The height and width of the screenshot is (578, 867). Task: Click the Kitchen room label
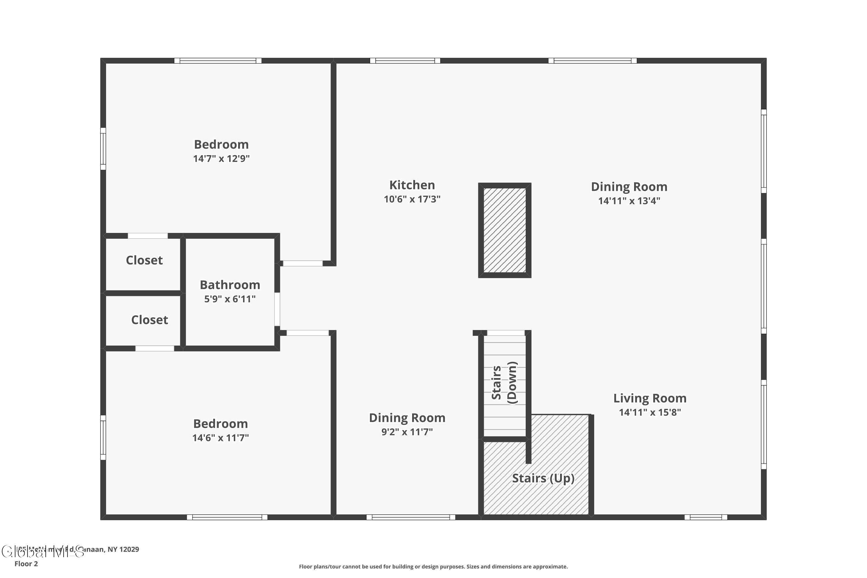pyautogui.click(x=412, y=185)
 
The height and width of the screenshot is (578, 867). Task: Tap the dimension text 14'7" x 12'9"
pyautogui.click(x=221, y=158)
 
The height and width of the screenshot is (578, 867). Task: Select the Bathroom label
pyautogui.click(x=230, y=285)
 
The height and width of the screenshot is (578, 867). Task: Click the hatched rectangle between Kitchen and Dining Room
pyautogui.click(x=504, y=230)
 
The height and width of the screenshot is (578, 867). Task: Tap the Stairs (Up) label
pyautogui.click(x=543, y=478)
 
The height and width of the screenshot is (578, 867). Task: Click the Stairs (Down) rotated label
pyautogui.click(x=504, y=383)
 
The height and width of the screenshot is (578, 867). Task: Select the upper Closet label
pyautogui.click(x=144, y=260)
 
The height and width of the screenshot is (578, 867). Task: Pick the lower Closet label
pyautogui.click(x=149, y=320)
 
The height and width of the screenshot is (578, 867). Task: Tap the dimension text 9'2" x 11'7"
pyautogui.click(x=407, y=432)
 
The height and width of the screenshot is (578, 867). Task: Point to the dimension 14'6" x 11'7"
pyautogui.click(x=221, y=438)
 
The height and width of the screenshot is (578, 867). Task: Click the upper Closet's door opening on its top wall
pyautogui.click(x=147, y=236)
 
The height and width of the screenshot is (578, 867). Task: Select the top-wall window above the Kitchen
pyautogui.click(x=405, y=61)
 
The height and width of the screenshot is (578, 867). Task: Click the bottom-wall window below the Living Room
pyautogui.click(x=705, y=517)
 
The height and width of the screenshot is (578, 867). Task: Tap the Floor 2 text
pyautogui.click(x=26, y=564)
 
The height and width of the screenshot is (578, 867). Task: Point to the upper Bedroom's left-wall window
pyautogui.click(x=103, y=149)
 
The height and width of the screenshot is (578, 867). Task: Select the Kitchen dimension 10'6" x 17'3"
pyautogui.click(x=412, y=199)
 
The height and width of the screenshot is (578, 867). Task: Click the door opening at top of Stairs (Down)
pyautogui.click(x=505, y=333)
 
